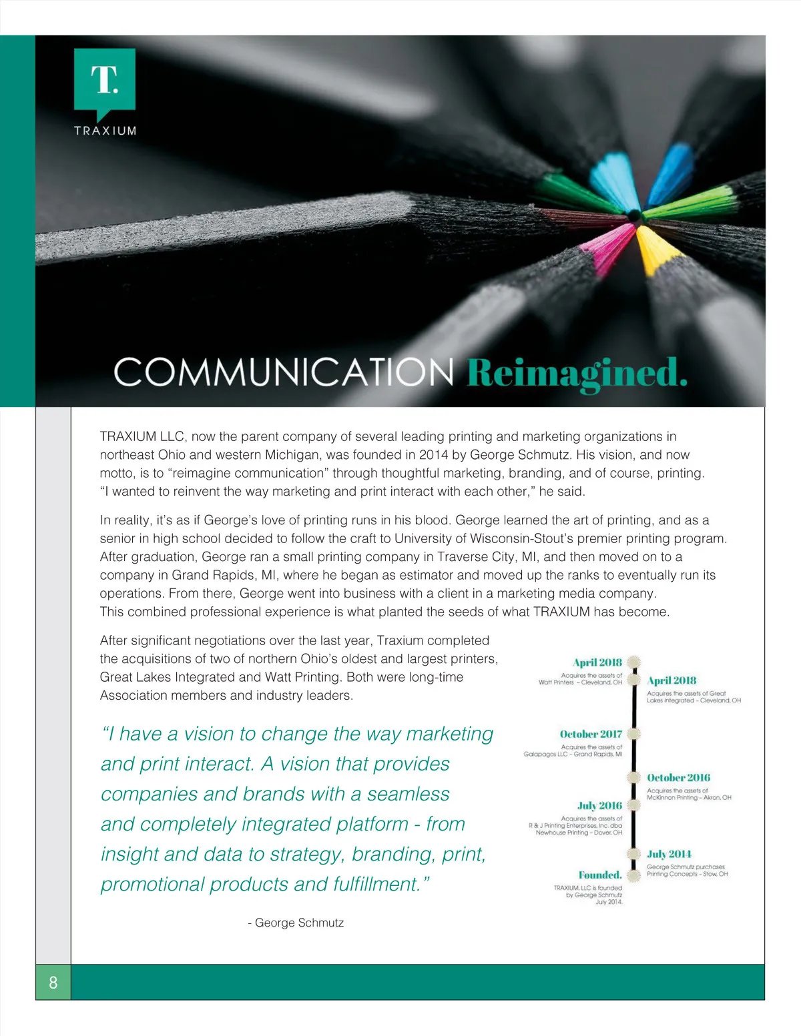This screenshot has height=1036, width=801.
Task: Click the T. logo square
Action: [105, 79]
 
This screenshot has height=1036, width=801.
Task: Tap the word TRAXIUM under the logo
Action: [105, 131]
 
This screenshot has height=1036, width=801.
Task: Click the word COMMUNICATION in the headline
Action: [284, 372]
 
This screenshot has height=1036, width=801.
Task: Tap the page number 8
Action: [53, 982]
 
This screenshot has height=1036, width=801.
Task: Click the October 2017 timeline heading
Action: [591, 734]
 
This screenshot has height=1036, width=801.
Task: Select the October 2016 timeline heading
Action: [678, 777]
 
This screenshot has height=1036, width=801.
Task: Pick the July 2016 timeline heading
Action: [599, 805]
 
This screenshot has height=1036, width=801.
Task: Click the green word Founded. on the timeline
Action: [599, 875]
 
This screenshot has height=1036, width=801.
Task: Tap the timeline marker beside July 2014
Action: [634, 854]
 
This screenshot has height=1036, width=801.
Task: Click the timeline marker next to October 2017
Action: [634, 734]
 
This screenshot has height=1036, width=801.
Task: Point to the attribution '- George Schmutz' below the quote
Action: [296, 923]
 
